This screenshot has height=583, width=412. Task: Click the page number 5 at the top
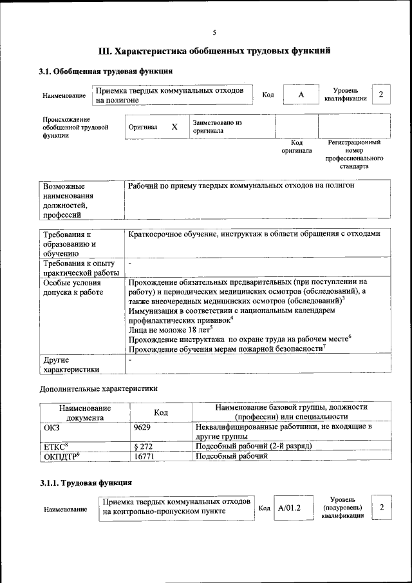click(214, 33)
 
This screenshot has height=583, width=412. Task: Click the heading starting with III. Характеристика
click(214, 50)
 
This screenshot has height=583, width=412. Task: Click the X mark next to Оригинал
click(174, 127)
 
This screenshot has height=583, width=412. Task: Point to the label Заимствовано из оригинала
click(217, 126)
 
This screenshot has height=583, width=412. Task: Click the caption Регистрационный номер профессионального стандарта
click(355, 154)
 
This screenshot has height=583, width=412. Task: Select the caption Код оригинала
click(296, 146)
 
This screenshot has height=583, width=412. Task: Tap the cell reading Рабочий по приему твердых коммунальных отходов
click(241, 186)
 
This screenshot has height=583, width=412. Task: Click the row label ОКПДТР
click(61, 456)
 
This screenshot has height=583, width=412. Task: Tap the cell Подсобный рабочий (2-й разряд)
click(254, 446)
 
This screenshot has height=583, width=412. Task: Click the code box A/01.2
click(290, 508)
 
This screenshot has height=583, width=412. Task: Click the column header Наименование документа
click(85, 412)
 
